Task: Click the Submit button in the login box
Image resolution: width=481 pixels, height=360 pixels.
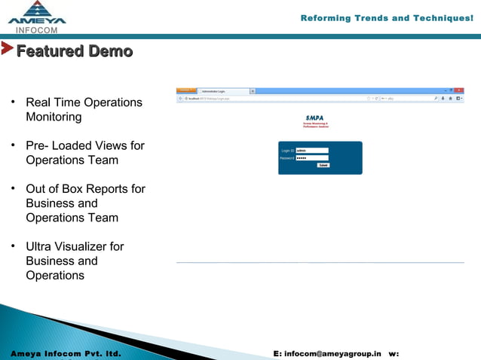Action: (x=323, y=165)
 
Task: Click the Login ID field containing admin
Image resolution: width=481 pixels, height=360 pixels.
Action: (x=312, y=151)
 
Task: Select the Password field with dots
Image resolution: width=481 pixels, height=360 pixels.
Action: (x=312, y=158)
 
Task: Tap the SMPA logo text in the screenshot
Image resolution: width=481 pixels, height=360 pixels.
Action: (x=314, y=117)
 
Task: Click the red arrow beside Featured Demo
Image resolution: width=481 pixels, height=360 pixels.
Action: (x=7, y=50)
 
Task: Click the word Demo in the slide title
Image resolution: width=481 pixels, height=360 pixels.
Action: (x=110, y=52)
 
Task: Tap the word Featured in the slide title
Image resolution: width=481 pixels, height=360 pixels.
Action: (x=50, y=52)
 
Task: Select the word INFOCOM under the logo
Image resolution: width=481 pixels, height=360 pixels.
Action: (x=36, y=30)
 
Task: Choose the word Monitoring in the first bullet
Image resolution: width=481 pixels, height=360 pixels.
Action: (x=54, y=117)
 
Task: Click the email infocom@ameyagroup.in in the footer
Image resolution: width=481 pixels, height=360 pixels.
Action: (x=332, y=353)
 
